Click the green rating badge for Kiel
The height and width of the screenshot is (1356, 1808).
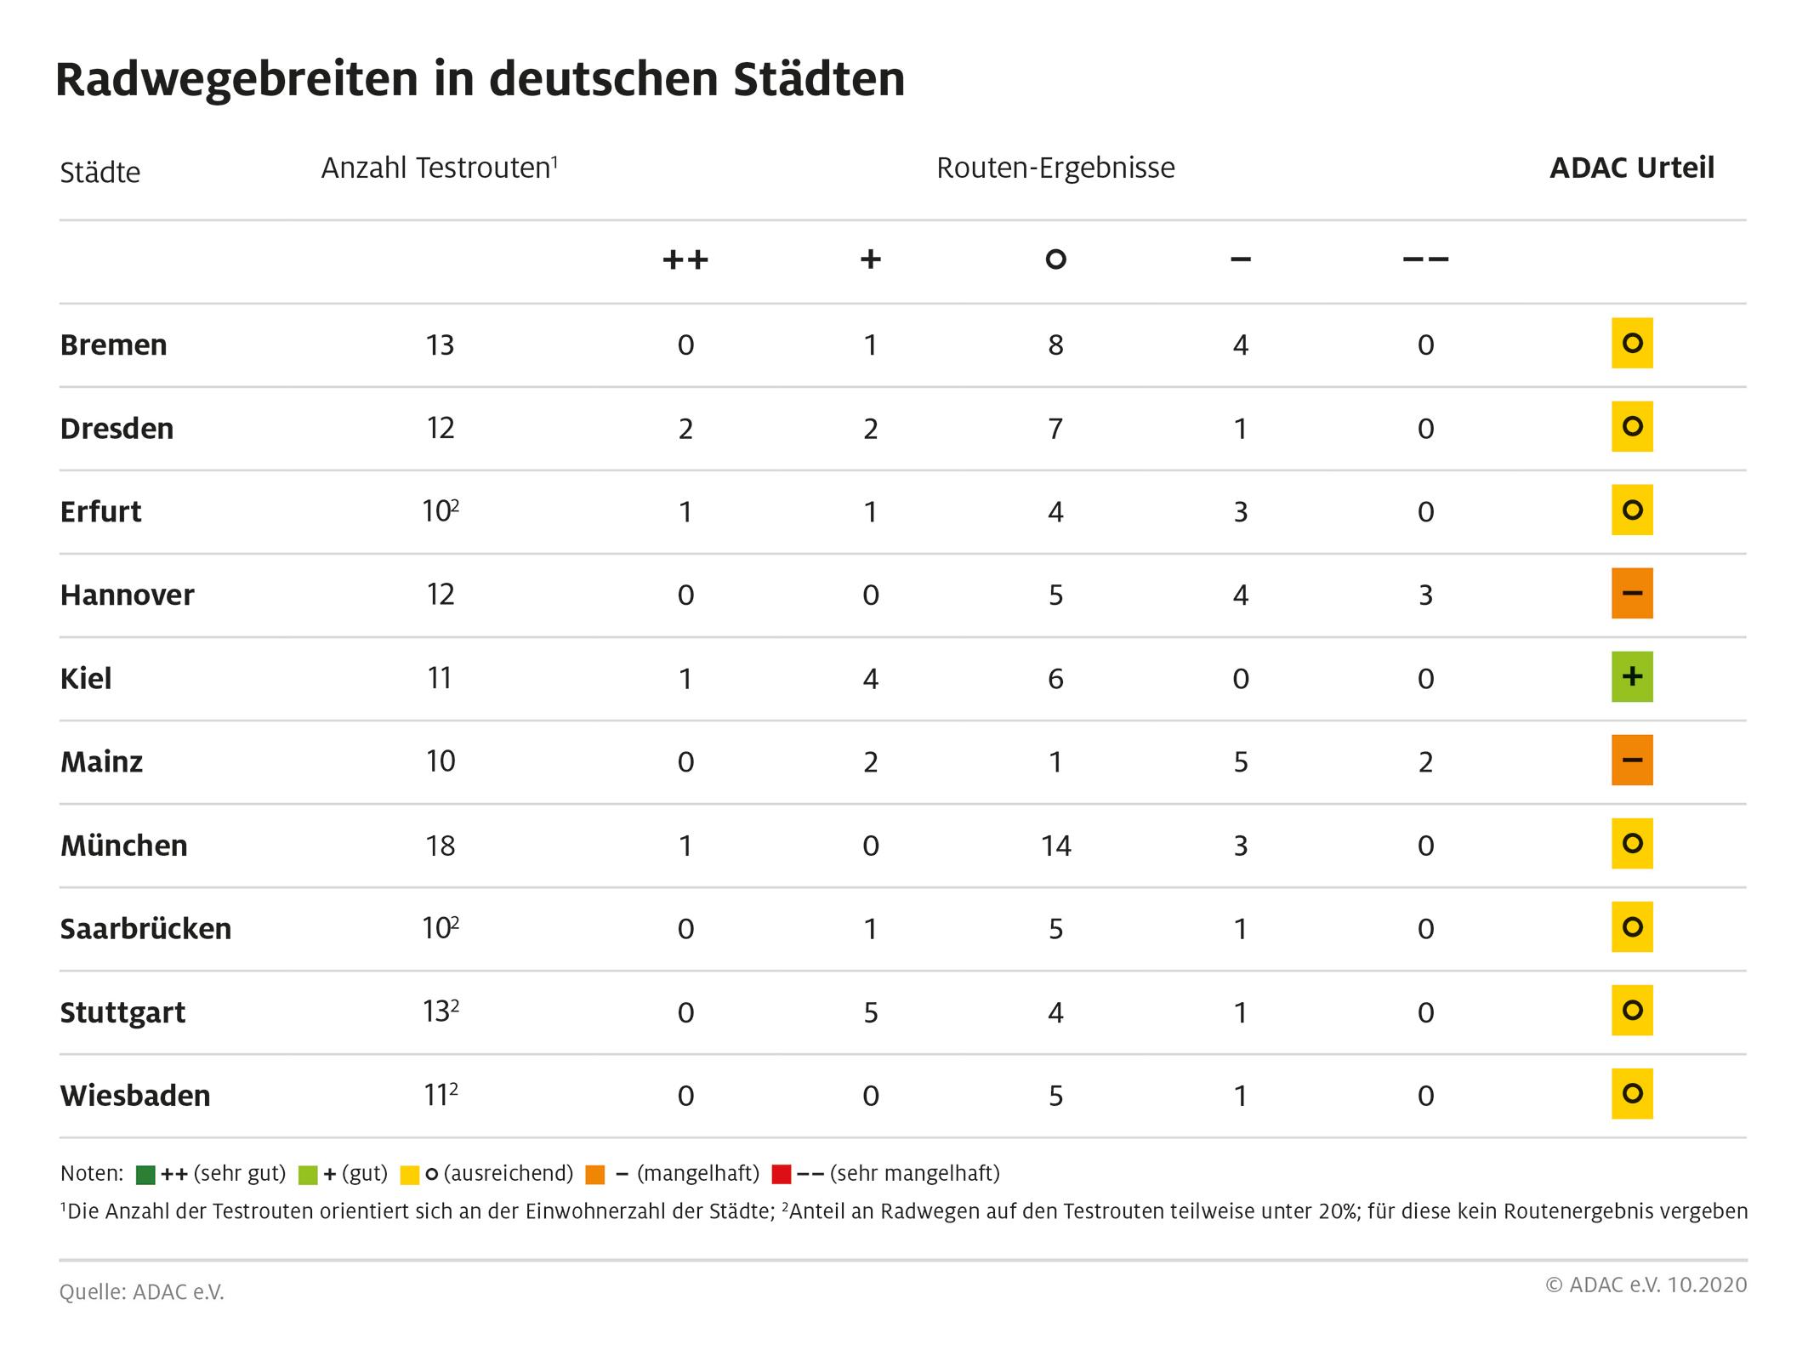click(x=1631, y=677)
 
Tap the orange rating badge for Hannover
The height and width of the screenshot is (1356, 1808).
click(x=1631, y=594)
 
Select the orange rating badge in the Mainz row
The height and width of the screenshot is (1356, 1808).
click(x=1631, y=761)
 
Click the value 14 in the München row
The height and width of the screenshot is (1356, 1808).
click(x=1055, y=846)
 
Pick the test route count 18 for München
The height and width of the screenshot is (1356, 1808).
click(x=440, y=846)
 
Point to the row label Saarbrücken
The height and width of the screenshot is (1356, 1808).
click(x=145, y=928)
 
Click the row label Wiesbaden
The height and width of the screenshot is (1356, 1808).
click(x=135, y=1096)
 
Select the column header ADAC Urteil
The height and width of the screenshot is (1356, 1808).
click(x=1631, y=168)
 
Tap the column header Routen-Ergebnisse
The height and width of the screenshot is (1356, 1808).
click(x=1055, y=168)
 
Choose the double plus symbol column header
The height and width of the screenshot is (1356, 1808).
click(x=685, y=259)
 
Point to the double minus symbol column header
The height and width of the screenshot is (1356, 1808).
click(x=1425, y=259)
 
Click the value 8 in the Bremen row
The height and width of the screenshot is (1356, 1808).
click(x=1055, y=345)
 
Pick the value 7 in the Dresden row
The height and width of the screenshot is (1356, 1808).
click(x=1055, y=428)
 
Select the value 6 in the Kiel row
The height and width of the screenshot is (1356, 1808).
click(x=1055, y=678)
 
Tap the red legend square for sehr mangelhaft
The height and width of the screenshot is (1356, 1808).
click(x=781, y=1175)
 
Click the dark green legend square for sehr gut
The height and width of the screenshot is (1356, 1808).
click(x=145, y=1175)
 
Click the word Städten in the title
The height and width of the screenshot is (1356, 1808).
click(x=818, y=79)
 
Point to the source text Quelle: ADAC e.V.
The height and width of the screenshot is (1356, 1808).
click(x=142, y=1292)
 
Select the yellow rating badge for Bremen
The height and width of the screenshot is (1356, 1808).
click(x=1631, y=344)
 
